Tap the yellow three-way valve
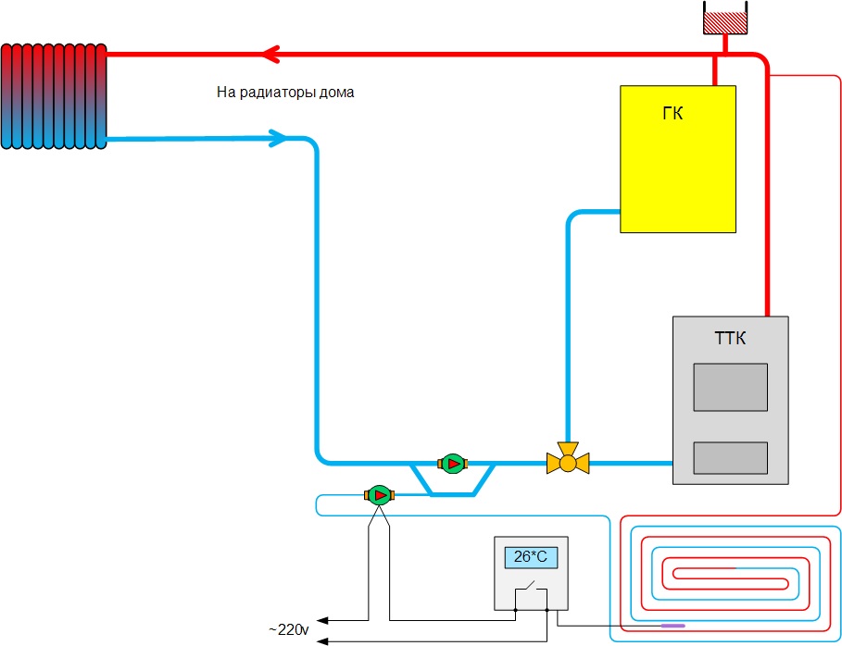tap(568, 459)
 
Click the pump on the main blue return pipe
tap(453, 462)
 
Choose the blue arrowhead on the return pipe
tap(279, 139)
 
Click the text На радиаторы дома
tap(285, 93)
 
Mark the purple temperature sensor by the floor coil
tap(672, 626)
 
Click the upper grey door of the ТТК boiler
tap(730, 387)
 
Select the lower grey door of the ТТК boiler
tap(730, 458)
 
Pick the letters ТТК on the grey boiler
tap(730, 339)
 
